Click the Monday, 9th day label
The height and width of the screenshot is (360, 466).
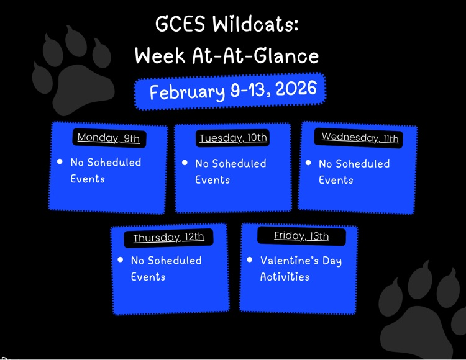tap(109, 138)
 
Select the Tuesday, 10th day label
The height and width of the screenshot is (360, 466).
tap(233, 138)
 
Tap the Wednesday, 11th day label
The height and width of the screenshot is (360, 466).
tap(360, 138)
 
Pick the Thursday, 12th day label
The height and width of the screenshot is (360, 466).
tap(168, 238)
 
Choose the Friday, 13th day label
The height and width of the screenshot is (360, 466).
tap(301, 236)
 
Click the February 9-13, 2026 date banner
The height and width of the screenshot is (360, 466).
tap(231, 91)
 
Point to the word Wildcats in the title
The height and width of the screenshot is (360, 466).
tap(255, 25)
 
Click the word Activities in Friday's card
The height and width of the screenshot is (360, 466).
tap(285, 277)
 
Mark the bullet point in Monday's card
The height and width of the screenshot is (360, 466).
tap(60, 161)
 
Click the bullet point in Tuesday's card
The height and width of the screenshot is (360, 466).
tap(185, 163)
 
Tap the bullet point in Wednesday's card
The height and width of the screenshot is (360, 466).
tap(308, 163)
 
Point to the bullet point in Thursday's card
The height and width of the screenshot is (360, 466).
tap(121, 259)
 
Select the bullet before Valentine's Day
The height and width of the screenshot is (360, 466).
tap(250, 259)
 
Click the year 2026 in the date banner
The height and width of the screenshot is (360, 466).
tap(296, 89)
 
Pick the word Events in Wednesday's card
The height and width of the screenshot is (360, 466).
tap(336, 180)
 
